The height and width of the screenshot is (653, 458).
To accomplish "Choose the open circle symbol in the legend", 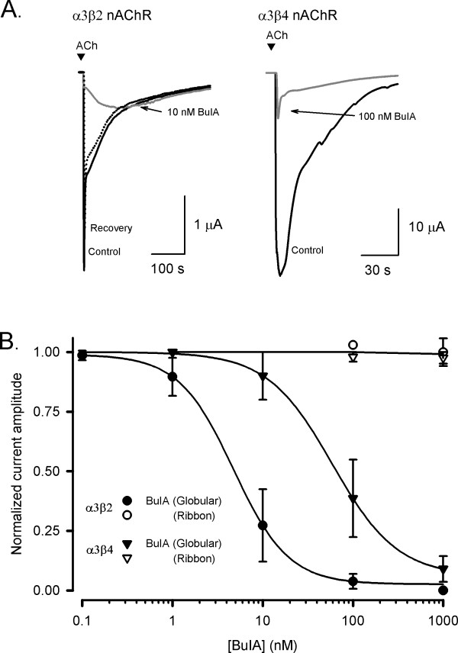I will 127,515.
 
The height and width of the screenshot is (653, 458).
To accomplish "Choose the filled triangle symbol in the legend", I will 127,544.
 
